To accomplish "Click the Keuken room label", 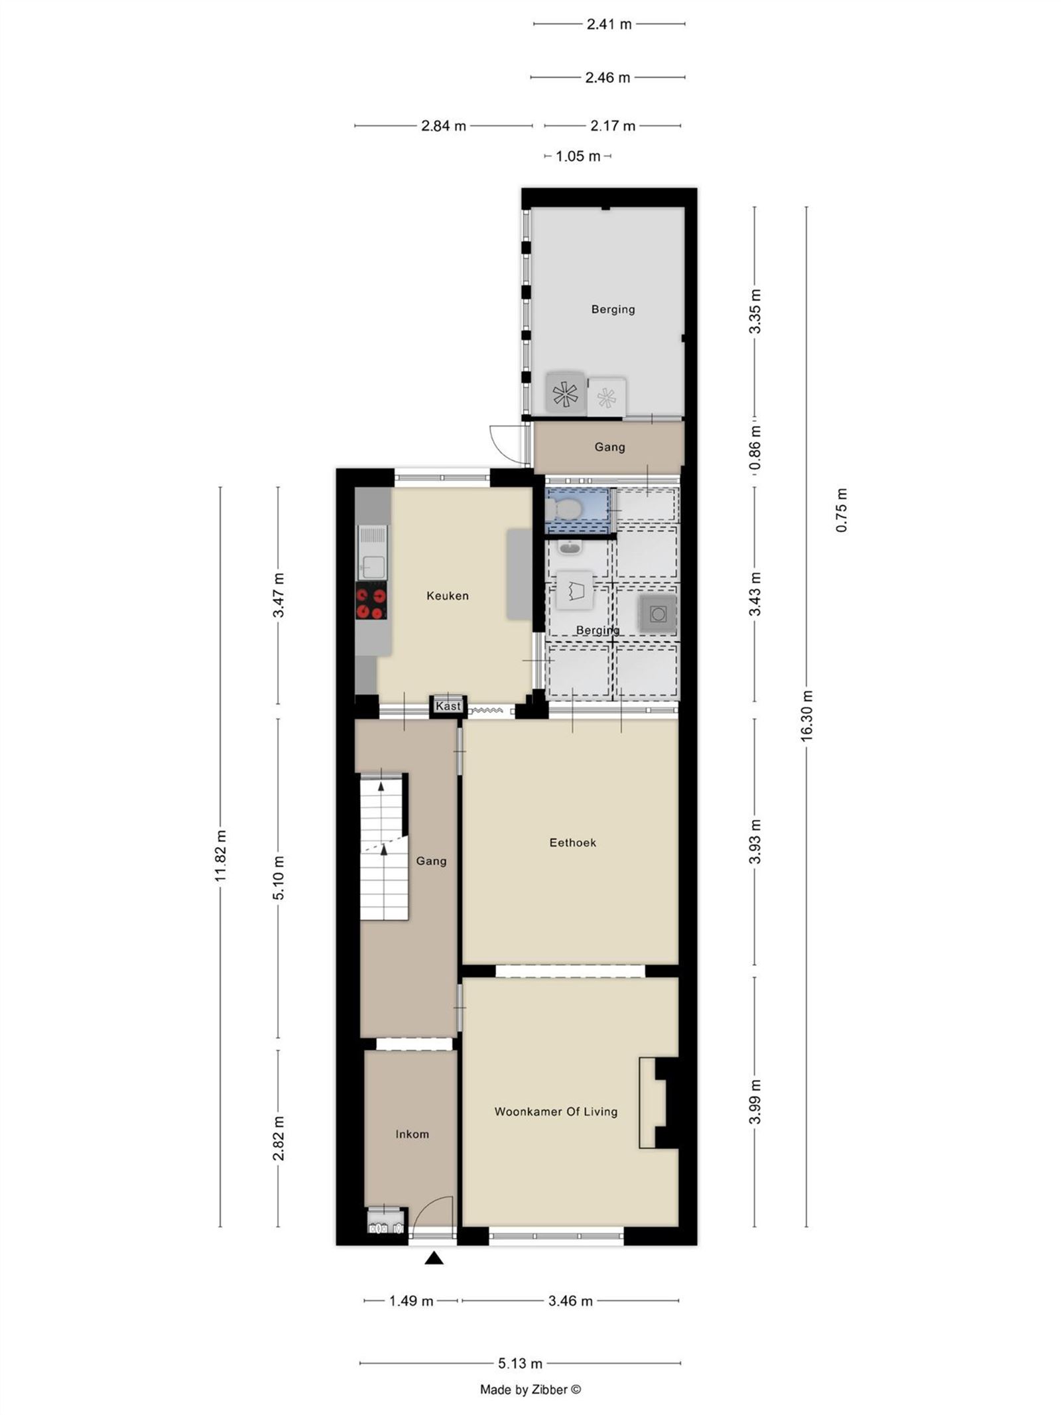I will [x=447, y=596].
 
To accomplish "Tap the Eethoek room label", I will [x=572, y=842].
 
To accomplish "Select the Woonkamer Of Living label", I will [x=556, y=1111].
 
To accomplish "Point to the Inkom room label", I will [x=412, y=1134].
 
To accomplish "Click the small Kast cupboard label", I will [x=448, y=706].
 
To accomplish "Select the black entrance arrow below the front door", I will [x=434, y=1258].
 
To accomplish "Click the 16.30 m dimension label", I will [x=806, y=716].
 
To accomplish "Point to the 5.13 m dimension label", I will [x=520, y=1363].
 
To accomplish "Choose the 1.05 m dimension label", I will [x=578, y=157].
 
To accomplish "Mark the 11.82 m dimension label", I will [x=221, y=856].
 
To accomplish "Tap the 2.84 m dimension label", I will [x=443, y=125].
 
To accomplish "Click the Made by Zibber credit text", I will [x=530, y=1389].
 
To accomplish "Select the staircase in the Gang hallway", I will [x=383, y=847].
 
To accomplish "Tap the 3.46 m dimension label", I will [x=570, y=1301].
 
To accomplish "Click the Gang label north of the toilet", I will [x=609, y=447].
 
